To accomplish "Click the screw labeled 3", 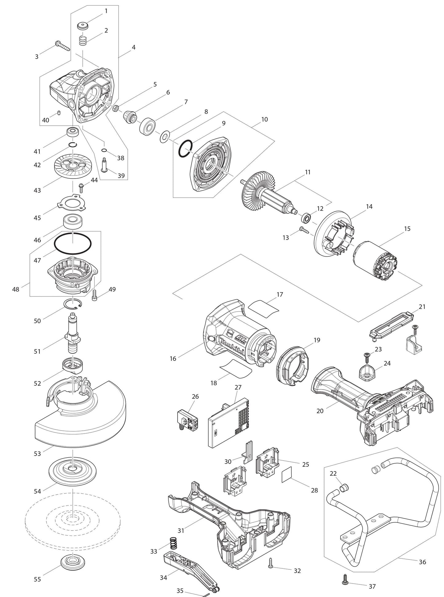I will (x=62, y=46).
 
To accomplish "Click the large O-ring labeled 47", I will (x=73, y=243).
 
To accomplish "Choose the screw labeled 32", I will (x=270, y=562).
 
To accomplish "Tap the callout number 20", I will (x=320, y=411).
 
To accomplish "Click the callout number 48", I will (x=16, y=289).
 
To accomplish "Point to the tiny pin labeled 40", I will (x=59, y=113).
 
